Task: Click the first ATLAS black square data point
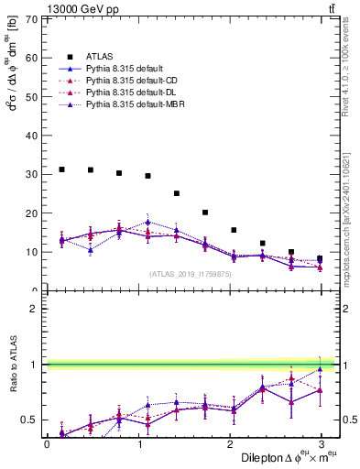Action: (x=61, y=169)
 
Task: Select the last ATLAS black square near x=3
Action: (x=320, y=258)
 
